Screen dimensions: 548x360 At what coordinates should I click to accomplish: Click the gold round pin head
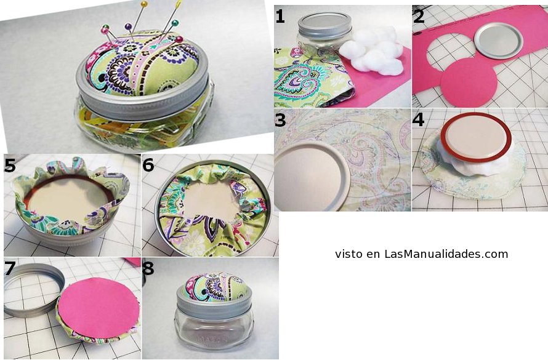pos(143,4)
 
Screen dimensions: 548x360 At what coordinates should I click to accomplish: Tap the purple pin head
pos(128,26)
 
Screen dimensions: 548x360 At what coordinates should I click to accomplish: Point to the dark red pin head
pos(179,39)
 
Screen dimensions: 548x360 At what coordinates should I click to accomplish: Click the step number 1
pos(280,17)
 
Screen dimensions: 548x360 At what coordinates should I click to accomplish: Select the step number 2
pos(419,17)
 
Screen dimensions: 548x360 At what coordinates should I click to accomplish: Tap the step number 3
pos(280,119)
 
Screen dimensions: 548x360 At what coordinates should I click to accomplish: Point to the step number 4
pos(418,119)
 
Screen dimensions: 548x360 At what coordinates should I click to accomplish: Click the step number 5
pos(10,166)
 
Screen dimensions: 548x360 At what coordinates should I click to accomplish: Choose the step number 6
pos(148,165)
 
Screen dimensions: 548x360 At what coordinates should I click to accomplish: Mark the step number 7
pos(9,268)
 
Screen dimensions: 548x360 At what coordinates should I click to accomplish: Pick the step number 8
pos(148,268)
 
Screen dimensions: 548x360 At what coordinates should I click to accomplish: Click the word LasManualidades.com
pos(446,254)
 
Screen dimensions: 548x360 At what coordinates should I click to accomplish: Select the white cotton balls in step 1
pos(371,50)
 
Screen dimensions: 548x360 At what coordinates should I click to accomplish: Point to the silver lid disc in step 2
pos(498,41)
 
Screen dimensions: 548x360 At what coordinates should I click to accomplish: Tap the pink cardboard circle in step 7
pos(99,308)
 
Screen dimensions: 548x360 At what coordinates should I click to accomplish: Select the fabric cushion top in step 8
pos(216,287)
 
